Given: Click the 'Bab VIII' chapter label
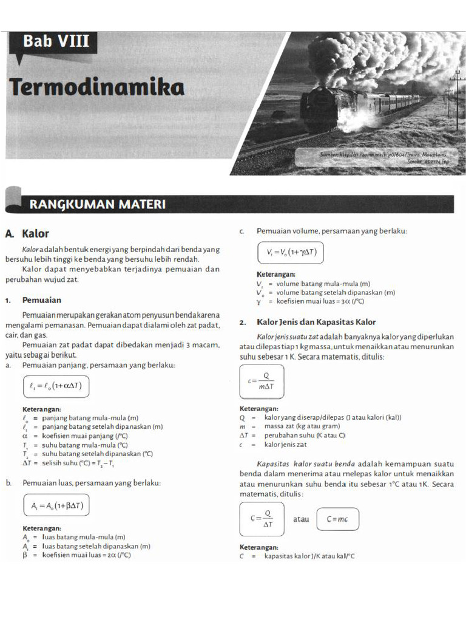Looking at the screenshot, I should coord(56,42).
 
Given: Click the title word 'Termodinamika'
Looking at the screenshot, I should coord(97,87).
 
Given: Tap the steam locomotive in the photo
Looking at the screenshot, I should coord(328,108).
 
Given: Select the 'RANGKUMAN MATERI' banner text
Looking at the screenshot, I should coord(97,204).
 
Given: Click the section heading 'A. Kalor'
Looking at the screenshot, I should coord(27,234).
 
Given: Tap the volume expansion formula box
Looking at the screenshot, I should coord(290,252).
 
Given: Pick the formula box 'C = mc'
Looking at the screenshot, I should coord(337,519).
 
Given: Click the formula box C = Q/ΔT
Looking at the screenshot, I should coord(262,519).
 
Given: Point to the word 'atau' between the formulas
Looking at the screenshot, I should coord(301,519).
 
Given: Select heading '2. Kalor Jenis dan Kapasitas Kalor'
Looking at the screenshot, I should coord(308,323).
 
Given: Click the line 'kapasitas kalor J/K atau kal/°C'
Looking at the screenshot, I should coord(309,556).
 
